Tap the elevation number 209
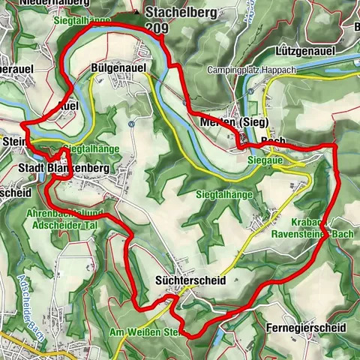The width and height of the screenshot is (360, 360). [x=157, y=28]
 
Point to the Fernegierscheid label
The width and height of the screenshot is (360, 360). [x=305, y=328]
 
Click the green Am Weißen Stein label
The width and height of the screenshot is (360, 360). [x=145, y=331]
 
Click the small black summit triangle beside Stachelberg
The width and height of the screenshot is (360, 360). [x=136, y=13]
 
